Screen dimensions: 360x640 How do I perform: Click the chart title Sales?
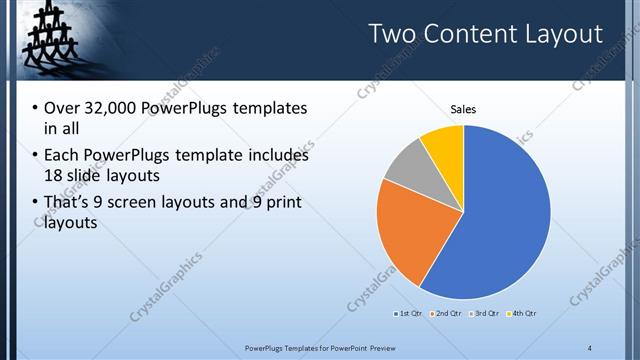click(x=463, y=109)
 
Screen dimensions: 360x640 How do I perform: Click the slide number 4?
click(x=590, y=347)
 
